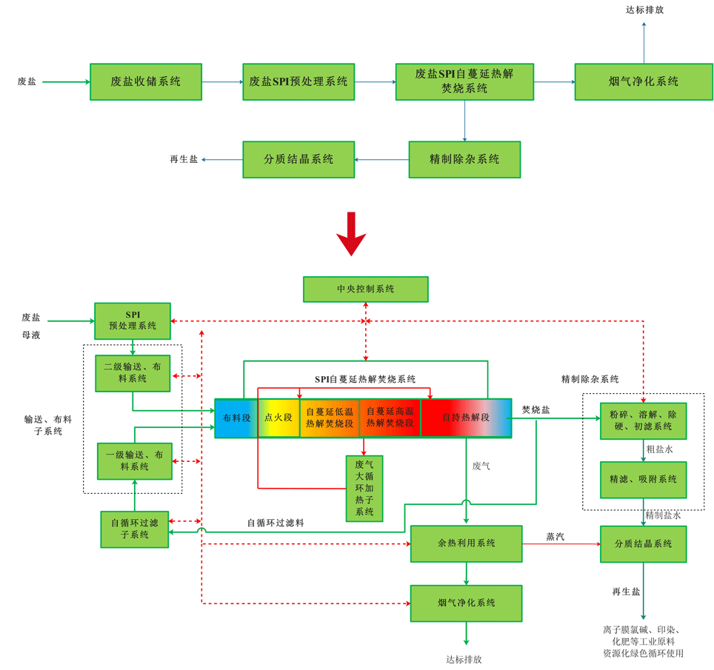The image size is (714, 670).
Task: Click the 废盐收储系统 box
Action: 146,81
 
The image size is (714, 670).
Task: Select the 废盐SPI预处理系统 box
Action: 298,81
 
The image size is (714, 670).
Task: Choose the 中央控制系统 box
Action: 365,289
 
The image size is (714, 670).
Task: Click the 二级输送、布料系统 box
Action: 133,373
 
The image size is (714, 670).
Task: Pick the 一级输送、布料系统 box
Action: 135,461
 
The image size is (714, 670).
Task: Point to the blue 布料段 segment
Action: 236,418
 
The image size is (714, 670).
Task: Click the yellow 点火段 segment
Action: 278,418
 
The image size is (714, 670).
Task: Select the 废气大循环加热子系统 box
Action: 364,488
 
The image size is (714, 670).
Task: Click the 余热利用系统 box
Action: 466,543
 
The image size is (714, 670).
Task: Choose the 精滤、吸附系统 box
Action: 643,480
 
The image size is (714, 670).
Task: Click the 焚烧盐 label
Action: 535,409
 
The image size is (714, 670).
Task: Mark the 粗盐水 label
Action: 659,449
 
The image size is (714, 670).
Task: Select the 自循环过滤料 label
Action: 276,523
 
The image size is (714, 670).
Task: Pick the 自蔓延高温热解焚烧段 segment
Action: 390,418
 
